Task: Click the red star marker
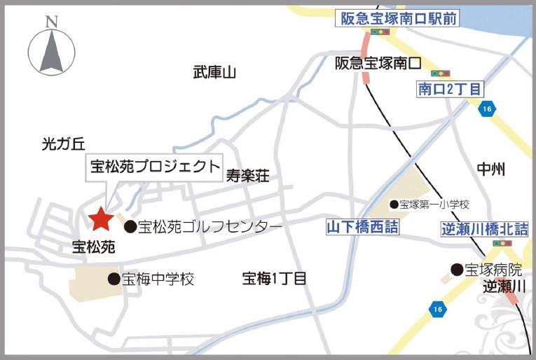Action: (101, 220)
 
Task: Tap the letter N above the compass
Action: (51, 22)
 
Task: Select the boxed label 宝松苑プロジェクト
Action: (154, 167)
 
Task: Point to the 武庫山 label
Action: (215, 72)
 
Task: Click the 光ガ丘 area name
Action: (63, 144)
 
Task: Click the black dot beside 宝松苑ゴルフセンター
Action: (130, 226)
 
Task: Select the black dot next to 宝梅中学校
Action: (114, 279)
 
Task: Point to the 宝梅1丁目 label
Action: (274, 279)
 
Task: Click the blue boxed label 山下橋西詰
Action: (362, 226)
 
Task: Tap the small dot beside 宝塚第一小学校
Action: (394, 205)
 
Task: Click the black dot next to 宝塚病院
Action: (457, 269)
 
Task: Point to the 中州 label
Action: (490, 169)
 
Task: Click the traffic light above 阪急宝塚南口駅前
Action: (380, 32)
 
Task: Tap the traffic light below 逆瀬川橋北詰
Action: (500, 243)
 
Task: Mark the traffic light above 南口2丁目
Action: (441, 73)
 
